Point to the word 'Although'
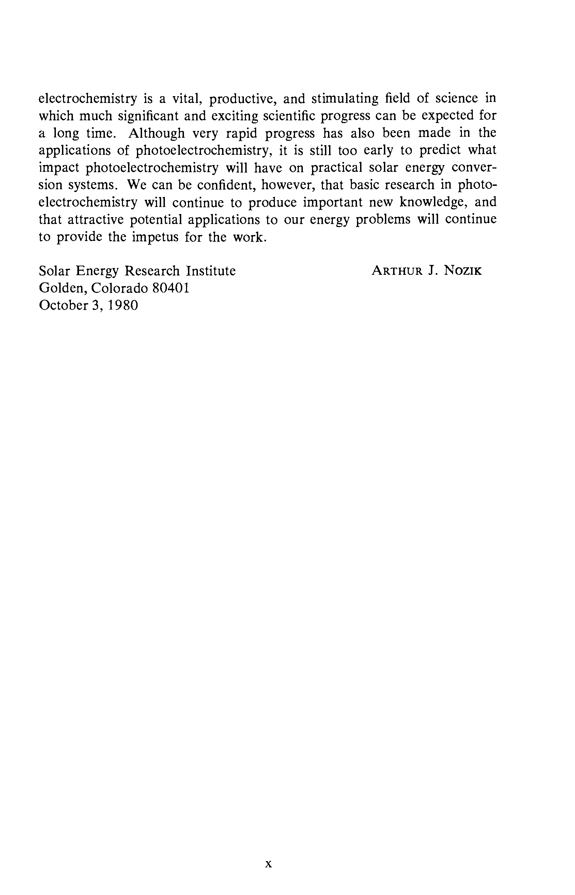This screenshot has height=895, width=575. pos(157,133)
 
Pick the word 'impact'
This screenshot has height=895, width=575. pos(59,168)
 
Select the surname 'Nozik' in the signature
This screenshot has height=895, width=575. pos(463,271)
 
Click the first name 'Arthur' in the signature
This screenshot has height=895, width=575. pos(397,271)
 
